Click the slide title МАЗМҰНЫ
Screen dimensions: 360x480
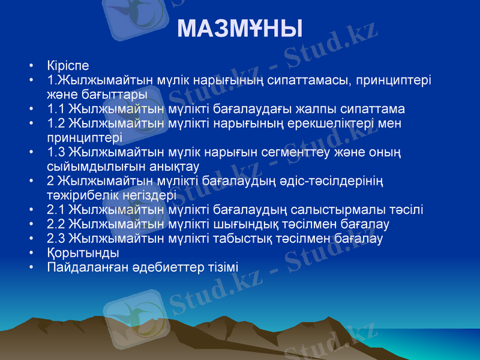coord(240,29)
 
